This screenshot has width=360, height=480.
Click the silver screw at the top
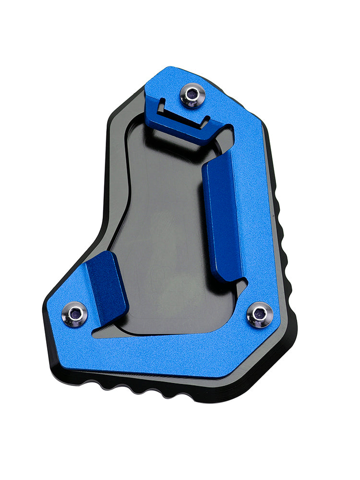pyautogui.click(x=192, y=95)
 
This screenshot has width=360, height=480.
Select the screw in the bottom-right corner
pyautogui.click(x=260, y=315)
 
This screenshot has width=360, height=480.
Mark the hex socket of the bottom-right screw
pyautogui.click(x=260, y=313)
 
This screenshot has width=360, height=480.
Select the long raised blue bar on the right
pyautogui.click(x=222, y=216)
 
